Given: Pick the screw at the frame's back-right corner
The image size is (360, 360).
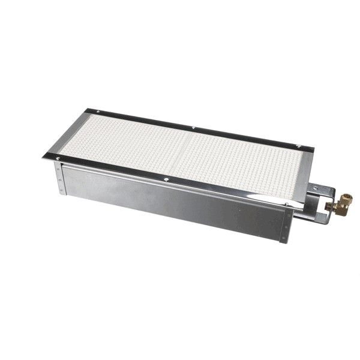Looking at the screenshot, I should (298, 145).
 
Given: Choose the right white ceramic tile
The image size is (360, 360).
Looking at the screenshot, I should (240, 165).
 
